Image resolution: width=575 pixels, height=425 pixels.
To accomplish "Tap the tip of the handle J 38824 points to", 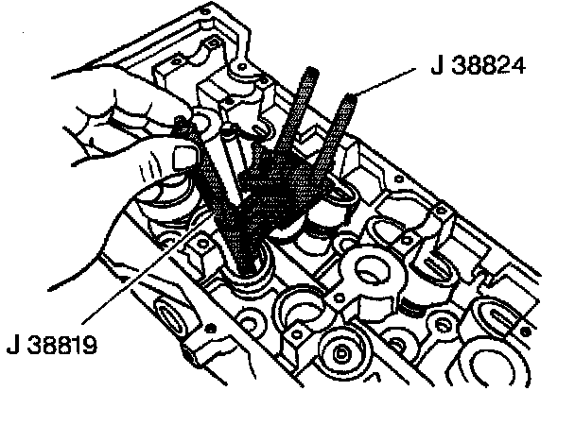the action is [x=351, y=94].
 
